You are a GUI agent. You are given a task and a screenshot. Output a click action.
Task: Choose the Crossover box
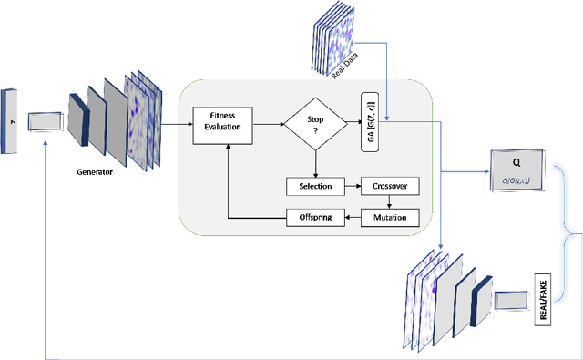[390, 186]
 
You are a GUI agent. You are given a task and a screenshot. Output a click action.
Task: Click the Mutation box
[390, 218]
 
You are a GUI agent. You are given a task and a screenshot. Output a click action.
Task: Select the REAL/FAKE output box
[543, 298]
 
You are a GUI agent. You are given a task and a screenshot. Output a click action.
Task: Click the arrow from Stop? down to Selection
[314, 164]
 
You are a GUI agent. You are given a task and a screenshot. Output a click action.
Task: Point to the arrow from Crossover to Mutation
[390, 201]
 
